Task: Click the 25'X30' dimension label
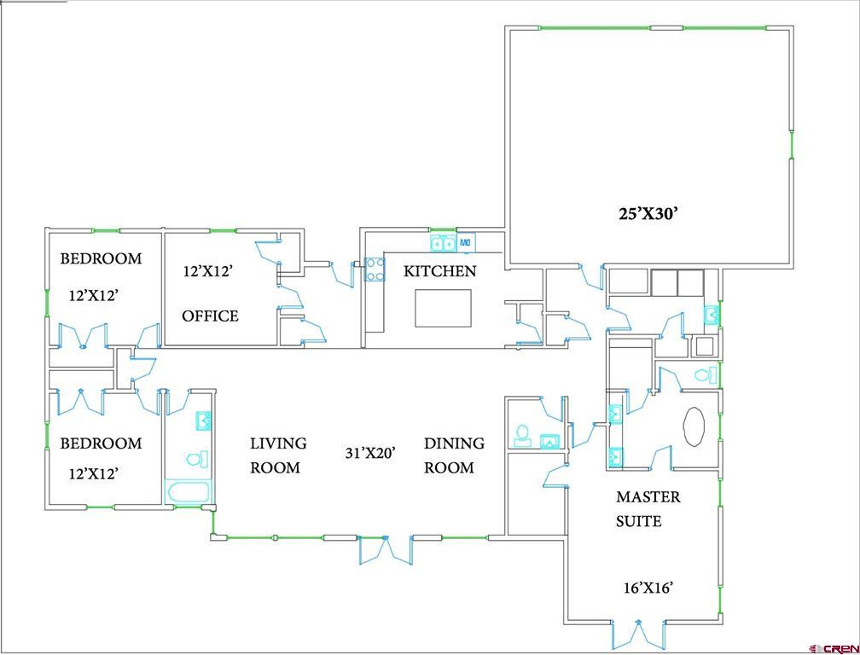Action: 648,214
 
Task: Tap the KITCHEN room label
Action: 439,271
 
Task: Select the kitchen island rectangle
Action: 443,308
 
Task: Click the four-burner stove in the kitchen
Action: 375,270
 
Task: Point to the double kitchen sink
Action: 443,244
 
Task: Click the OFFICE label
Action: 210,316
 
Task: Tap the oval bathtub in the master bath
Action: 694,426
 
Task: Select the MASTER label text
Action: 648,496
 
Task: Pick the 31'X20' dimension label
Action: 370,453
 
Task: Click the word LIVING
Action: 278,443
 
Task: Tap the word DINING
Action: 454,443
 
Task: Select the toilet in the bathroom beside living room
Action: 195,460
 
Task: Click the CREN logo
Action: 834,647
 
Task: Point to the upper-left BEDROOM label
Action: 101,258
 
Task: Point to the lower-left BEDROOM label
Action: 101,443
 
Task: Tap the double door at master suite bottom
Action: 637,635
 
